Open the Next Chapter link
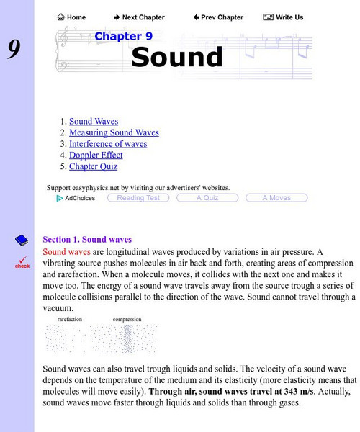(x=139, y=17)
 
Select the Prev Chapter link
(x=219, y=17)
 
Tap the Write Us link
(x=283, y=17)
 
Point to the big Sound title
(x=177, y=57)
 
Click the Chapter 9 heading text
(x=123, y=36)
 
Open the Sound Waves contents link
(x=94, y=122)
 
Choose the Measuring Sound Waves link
(x=114, y=132)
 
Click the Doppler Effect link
(x=96, y=155)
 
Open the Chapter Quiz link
(x=94, y=166)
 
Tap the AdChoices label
(x=76, y=198)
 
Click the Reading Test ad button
(x=138, y=198)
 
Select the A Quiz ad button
(x=207, y=198)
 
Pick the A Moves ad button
(x=276, y=198)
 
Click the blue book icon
(x=22, y=240)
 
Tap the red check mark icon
(x=22, y=261)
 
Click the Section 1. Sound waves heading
(x=87, y=239)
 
